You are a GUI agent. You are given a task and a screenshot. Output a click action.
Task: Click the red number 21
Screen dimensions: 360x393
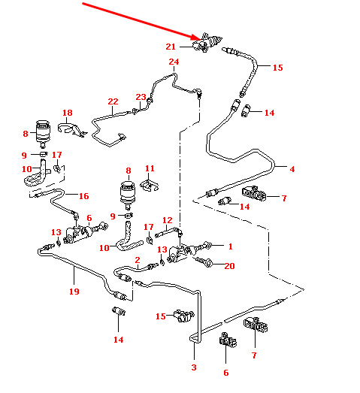click(x=171, y=47)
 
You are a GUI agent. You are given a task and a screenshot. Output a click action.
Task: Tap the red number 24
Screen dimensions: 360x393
click(x=174, y=62)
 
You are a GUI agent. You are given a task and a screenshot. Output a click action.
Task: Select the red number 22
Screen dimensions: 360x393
click(x=113, y=101)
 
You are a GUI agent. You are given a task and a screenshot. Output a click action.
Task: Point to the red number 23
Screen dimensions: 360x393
click(x=141, y=97)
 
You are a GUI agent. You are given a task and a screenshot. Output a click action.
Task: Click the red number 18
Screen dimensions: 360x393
click(x=68, y=113)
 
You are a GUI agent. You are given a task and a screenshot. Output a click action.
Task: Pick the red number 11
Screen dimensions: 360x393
click(x=150, y=168)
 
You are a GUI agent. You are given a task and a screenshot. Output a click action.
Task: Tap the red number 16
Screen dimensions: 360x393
click(x=83, y=196)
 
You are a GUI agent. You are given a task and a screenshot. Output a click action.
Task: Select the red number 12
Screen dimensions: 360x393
click(x=167, y=220)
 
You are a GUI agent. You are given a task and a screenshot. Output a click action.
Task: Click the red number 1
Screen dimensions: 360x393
click(x=231, y=246)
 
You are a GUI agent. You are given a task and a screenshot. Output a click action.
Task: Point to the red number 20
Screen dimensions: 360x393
click(x=229, y=266)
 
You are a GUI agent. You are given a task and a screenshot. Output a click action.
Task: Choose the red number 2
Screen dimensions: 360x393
click(x=138, y=260)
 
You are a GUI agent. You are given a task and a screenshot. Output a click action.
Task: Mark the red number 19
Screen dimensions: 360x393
click(x=74, y=292)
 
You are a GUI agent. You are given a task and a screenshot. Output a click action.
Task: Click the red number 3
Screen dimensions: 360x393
click(x=194, y=367)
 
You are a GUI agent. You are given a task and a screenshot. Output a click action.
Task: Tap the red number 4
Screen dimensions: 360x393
click(x=292, y=169)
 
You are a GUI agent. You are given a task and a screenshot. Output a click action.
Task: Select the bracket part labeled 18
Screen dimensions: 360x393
click(x=72, y=130)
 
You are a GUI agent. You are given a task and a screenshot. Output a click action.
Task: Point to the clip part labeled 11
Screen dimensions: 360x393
click(x=150, y=186)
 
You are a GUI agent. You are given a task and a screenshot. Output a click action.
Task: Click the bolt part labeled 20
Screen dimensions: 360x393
click(x=204, y=261)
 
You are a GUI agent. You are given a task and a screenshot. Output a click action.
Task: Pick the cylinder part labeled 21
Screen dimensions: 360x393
click(x=207, y=43)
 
